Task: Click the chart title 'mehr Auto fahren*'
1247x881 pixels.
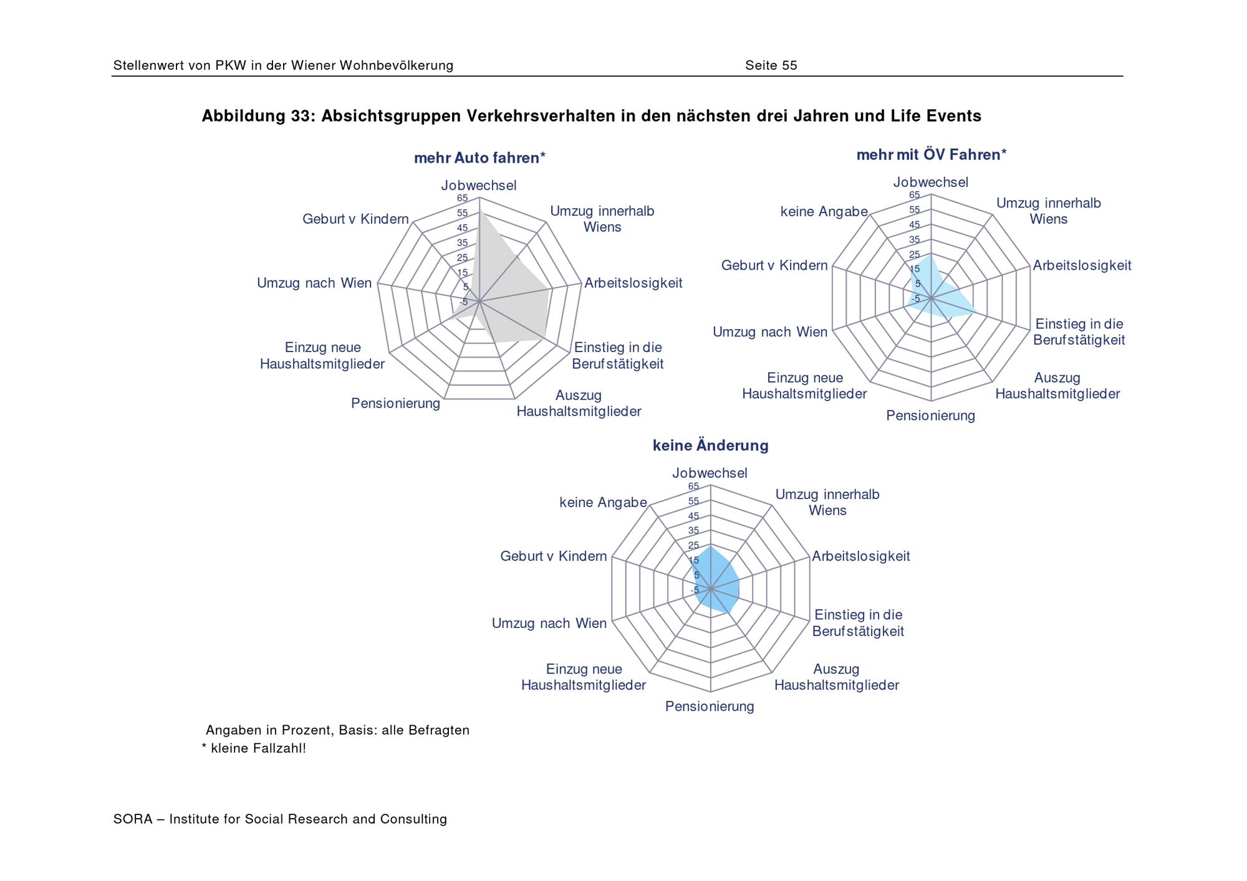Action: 479,158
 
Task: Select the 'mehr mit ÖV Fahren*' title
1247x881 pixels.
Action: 932,155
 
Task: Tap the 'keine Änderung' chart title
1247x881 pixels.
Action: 710,445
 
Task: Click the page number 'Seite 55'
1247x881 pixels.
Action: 771,65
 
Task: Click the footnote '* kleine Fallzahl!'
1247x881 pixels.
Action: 254,748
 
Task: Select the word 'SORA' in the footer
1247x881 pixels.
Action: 133,819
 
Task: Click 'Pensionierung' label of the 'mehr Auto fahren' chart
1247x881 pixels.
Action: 395,404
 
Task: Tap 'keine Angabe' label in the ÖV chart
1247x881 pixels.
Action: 824,212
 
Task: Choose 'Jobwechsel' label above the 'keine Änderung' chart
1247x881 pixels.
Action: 710,474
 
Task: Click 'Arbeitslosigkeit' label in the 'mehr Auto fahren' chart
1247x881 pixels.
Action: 633,283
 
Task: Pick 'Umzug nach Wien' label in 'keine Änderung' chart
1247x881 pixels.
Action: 549,623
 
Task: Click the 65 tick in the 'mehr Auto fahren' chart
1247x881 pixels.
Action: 462,199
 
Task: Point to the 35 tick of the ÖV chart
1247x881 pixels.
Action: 914,240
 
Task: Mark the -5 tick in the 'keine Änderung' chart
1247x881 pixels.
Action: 695,590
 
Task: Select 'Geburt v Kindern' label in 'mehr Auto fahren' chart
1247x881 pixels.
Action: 355,219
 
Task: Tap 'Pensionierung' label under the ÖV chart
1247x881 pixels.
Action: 930,416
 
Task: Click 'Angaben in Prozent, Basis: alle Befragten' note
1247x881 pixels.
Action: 337,730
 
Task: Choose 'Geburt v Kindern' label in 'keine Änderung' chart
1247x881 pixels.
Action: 553,556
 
